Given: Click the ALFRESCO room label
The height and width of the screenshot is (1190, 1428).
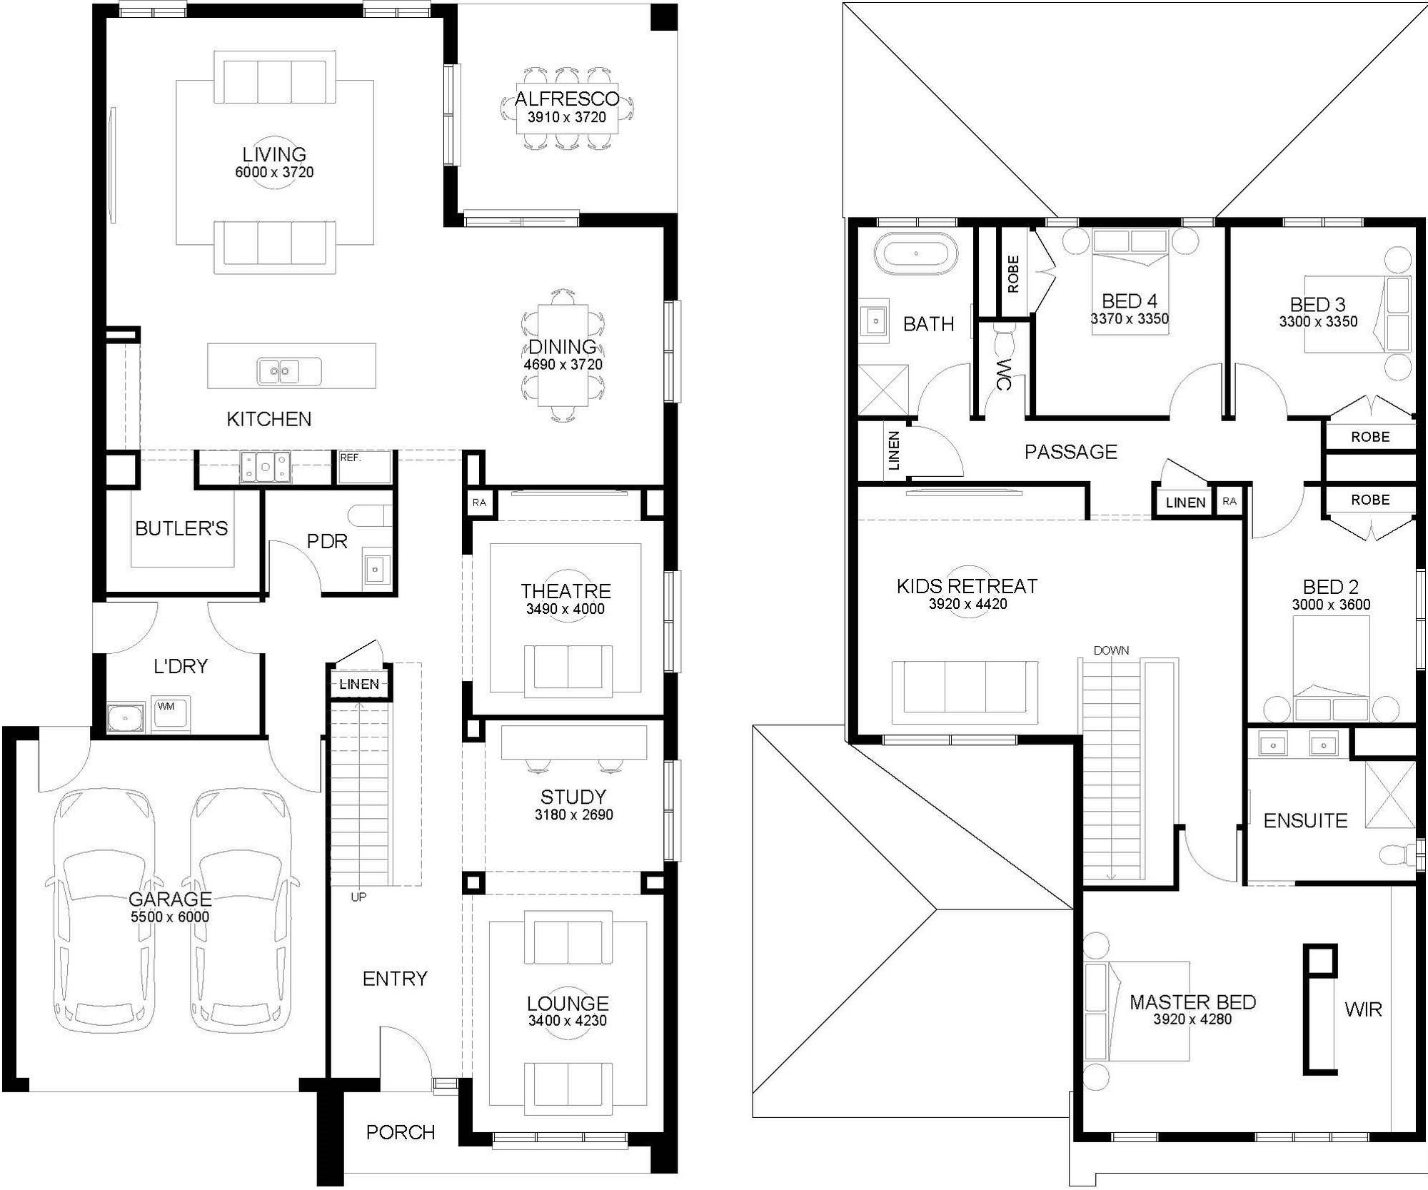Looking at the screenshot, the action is coord(567,99).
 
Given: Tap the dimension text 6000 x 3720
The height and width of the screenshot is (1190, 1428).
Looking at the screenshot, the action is coord(274,172).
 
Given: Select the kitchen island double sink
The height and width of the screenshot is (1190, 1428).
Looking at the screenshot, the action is coord(278,370).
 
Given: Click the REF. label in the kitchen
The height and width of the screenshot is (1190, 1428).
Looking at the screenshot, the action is coord(351,458).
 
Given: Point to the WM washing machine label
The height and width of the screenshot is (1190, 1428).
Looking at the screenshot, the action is coord(166,707).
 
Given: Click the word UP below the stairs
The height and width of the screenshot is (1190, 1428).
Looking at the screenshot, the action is coord(358,897).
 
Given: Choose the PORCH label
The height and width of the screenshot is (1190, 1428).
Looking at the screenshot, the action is coord(401,1132).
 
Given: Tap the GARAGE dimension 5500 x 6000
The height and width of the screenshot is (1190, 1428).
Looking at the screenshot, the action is coord(170,917).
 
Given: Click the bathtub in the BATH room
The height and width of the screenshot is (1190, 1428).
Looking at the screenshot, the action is coord(916,253).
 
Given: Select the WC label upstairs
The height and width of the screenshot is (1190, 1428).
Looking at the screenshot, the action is coord(1003,374).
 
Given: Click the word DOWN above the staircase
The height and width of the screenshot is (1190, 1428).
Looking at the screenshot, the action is coord(1111,650).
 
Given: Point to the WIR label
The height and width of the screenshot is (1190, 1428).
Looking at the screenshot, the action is coord(1363,1009).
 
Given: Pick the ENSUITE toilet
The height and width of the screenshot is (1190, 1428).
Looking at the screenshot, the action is coord(1396,854).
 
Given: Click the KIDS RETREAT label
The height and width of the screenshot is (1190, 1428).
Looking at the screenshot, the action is coord(967,586).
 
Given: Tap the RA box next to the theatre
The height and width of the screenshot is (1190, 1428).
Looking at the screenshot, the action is coord(479,503).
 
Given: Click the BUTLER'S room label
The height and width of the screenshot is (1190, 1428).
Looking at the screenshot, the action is coord(181,528).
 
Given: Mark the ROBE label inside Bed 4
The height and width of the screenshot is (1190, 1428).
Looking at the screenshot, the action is coord(1013,274).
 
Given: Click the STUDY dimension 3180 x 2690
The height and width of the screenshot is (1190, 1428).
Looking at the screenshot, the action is coord(574,815).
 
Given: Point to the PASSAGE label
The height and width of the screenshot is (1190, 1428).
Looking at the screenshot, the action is coord(1071,451).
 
